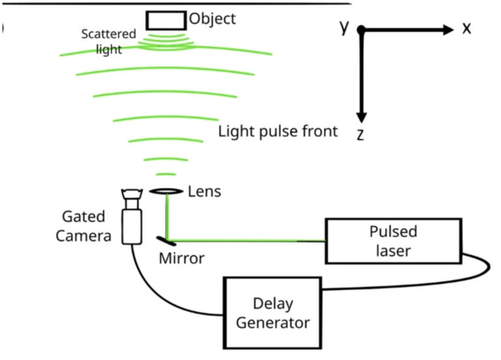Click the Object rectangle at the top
(x=165, y=20)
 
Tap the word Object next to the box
(x=212, y=18)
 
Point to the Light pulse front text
(x=278, y=131)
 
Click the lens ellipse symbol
(x=166, y=191)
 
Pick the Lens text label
(x=204, y=191)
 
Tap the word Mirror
(x=181, y=258)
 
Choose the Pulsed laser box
(x=392, y=241)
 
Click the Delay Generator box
(x=272, y=312)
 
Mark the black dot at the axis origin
(x=361, y=30)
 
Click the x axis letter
(x=466, y=29)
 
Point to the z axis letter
(x=360, y=134)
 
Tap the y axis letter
(x=344, y=26)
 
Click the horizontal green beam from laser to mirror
(x=248, y=240)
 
